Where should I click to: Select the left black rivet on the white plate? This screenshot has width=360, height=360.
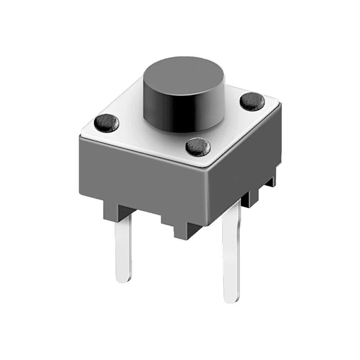tap(107, 122)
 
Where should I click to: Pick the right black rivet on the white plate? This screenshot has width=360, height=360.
tap(252, 101)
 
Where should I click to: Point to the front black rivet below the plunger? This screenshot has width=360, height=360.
tap(198, 146)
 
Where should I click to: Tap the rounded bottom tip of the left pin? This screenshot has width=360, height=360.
tap(124, 279)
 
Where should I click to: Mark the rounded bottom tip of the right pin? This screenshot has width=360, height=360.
tap(231, 298)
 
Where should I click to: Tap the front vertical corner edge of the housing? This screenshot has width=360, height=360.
tap(207, 193)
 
